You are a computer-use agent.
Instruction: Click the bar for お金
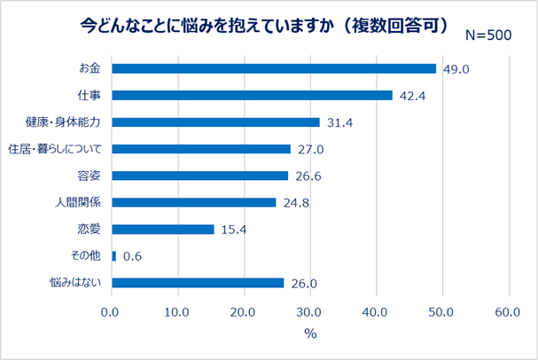pos(273,68)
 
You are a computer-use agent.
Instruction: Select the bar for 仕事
pos(252,95)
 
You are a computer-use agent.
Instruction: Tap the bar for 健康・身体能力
pos(215,121)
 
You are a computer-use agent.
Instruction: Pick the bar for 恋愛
pos(162,229)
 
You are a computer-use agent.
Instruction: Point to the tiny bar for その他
pos(113,255)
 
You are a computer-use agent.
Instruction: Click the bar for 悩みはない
pos(198,283)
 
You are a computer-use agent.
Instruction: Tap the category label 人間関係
pos(79,202)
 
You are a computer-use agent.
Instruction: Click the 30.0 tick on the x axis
pos(309,312)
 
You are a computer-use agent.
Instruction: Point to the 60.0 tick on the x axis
pos(509,312)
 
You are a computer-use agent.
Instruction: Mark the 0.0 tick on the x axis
pos(111,312)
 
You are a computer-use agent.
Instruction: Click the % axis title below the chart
pos(310,334)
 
